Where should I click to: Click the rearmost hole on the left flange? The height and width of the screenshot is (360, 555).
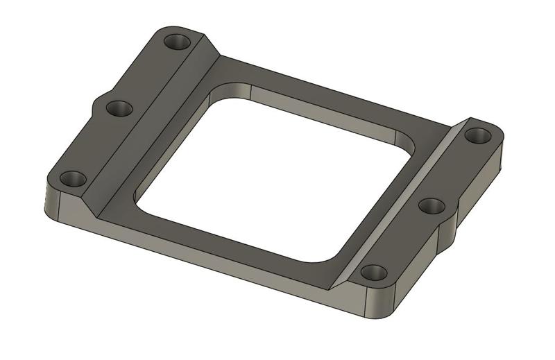[x=178, y=42]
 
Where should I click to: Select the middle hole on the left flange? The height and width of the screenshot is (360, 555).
[x=119, y=108]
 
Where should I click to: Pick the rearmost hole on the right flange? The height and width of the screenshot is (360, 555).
[x=477, y=135]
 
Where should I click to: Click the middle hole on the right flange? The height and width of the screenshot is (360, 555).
[x=432, y=205]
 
